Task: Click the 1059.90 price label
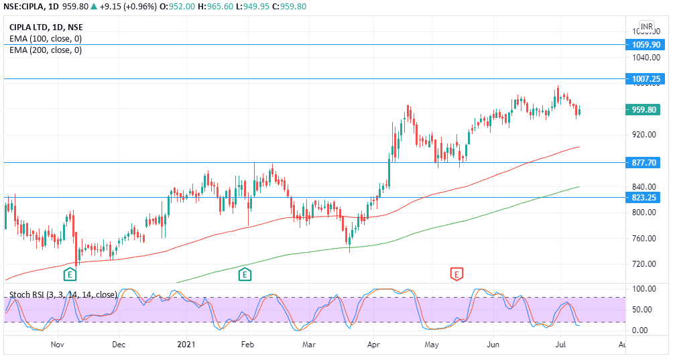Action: click(646, 45)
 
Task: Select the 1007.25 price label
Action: click(646, 79)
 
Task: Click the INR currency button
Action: click(646, 27)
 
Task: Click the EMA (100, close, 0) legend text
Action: click(46, 39)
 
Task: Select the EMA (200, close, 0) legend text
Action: click(46, 50)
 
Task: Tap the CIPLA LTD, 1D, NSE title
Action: click(46, 27)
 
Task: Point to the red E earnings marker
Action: click(457, 274)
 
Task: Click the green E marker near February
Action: click(245, 274)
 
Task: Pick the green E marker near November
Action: click(70, 274)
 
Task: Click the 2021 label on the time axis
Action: click(186, 345)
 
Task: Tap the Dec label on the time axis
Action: click(119, 345)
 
